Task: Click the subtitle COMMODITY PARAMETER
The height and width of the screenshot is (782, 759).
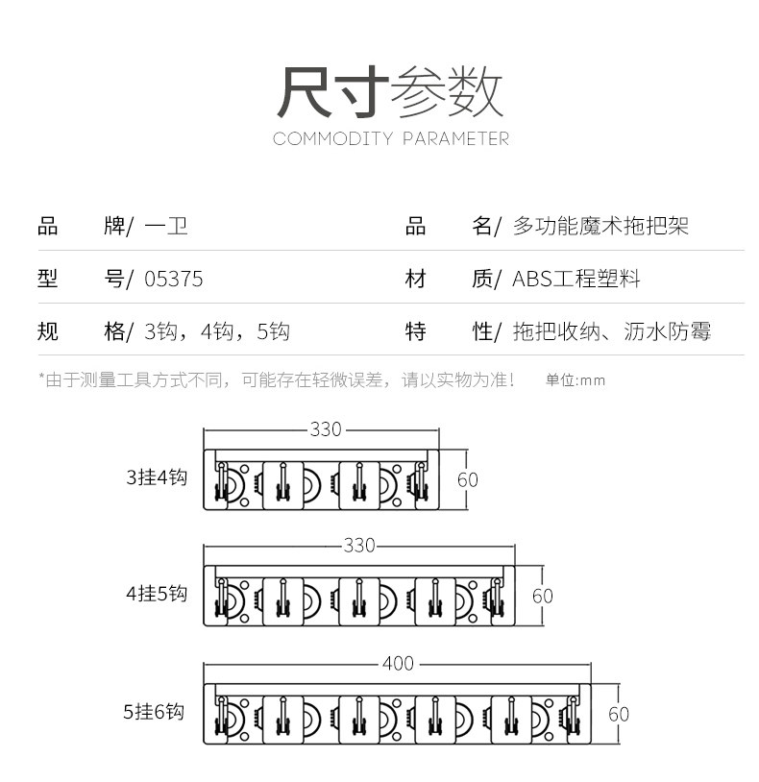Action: point(390,139)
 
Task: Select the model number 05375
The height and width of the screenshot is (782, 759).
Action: point(173,280)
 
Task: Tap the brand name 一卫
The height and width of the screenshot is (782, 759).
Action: point(165,228)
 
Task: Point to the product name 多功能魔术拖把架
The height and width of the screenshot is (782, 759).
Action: point(600,228)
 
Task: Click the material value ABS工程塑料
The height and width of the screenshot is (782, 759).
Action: point(576,280)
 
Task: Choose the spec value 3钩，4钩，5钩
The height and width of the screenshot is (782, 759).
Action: point(216,332)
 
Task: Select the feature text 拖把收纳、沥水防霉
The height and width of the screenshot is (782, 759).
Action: point(612,332)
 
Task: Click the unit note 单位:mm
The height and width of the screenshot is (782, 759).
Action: point(575,380)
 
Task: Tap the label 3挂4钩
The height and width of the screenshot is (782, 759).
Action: point(156,477)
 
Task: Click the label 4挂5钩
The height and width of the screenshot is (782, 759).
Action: point(156,594)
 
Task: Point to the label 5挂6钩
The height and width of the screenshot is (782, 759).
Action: point(153,712)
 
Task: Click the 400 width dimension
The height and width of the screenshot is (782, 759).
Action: point(398,664)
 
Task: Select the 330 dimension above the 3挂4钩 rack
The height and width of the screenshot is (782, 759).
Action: point(326,429)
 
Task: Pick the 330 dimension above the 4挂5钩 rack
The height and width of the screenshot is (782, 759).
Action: point(358,546)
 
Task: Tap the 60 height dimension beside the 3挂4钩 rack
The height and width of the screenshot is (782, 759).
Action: point(467,478)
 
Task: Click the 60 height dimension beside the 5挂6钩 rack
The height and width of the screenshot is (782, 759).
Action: point(619,714)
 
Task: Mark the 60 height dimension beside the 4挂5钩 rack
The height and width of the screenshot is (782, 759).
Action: point(543,596)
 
